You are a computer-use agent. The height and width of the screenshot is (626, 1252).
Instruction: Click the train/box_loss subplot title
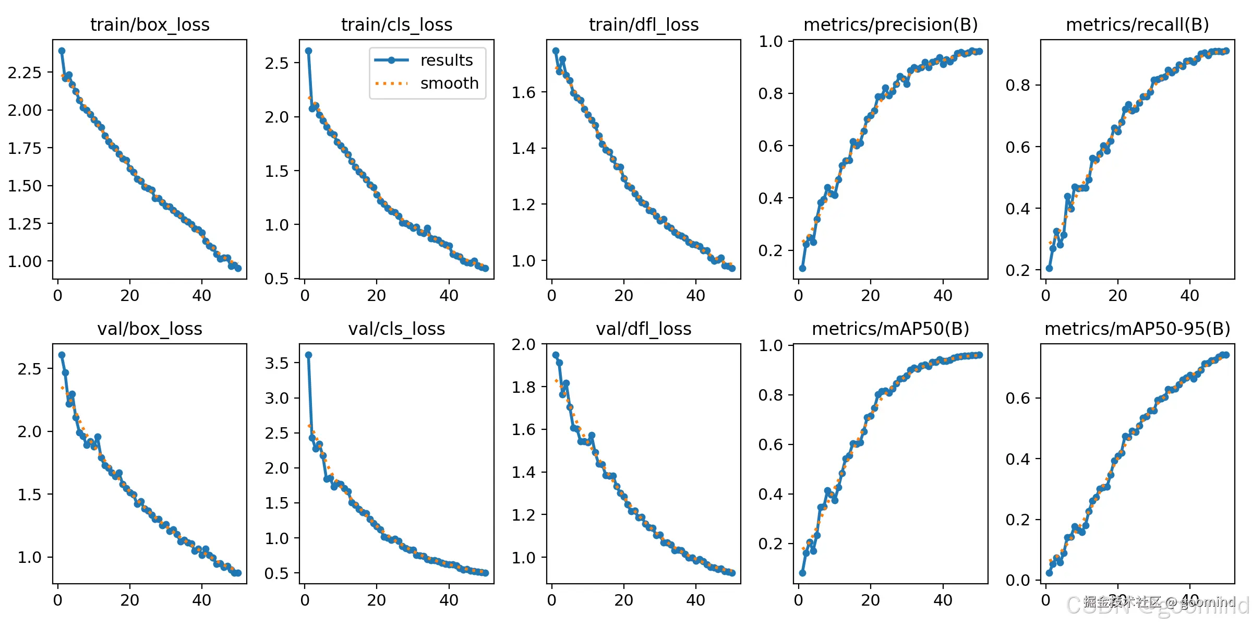pos(150,25)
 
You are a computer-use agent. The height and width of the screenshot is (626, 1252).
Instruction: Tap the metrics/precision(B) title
pos(890,25)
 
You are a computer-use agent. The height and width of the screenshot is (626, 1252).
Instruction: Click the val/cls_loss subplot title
pos(396,329)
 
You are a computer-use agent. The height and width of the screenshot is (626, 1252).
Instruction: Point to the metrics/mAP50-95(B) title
pos(1137,329)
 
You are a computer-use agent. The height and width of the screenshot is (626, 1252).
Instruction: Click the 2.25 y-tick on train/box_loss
pos(25,73)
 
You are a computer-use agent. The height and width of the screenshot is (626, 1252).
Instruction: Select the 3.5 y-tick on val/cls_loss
pos(276,363)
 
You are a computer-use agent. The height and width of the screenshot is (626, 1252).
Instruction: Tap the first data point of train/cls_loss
pos(308,51)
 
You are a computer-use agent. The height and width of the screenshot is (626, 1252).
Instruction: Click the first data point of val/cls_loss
pos(308,355)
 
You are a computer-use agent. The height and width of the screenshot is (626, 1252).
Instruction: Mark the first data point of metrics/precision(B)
pos(802,268)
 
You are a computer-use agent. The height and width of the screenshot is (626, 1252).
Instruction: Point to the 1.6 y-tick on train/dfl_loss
pos(523,92)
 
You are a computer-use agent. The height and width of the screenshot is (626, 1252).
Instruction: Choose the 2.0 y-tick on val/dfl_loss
pos(523,344)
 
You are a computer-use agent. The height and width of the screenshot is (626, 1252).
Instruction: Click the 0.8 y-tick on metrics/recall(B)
pos(1018,85)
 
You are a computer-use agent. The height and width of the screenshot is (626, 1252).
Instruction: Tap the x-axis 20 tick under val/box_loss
pos(129,600)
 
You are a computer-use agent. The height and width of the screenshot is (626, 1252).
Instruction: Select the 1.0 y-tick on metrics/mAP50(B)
pos(771,345)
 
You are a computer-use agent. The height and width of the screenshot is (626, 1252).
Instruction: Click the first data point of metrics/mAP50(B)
pos(802,573)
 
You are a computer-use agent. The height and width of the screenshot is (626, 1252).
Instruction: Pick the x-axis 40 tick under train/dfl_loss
pos(695,296)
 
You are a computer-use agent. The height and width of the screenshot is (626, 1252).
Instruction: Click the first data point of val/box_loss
pos(62,355)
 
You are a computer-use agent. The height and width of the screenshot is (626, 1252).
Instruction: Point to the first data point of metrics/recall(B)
pos(1049,268)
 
